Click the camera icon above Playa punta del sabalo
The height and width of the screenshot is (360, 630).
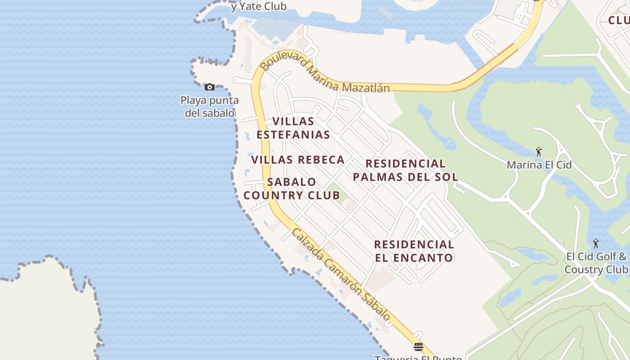[209, 87]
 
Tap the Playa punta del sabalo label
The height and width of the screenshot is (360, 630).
[209, 106]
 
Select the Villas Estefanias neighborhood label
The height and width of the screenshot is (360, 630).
[293, 128]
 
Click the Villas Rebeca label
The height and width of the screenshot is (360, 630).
[298, 160]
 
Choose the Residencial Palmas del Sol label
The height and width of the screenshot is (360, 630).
[405, 170]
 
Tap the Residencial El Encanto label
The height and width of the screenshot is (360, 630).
[414, 251]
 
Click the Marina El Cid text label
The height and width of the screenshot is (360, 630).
[539, 165]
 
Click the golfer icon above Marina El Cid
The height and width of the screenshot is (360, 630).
[539, 152]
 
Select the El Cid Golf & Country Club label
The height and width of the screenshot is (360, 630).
[596, 263]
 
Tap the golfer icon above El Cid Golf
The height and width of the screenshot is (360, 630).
[596, 243]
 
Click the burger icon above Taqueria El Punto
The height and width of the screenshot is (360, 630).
[418, 346]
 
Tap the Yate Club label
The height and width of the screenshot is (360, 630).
[258, 6]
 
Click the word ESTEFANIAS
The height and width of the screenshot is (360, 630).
[293, 135]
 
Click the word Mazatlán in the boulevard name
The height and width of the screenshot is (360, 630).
[365, 87]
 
